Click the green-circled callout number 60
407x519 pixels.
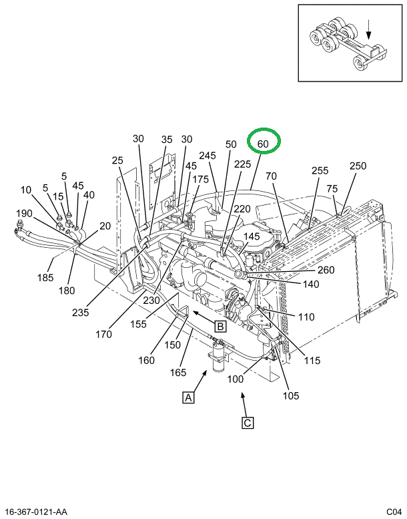click(263, 144)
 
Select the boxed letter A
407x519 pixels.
click(189, 398)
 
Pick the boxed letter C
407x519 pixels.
click(247, 423)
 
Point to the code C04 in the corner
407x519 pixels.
click(393, 512)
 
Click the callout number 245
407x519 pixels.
click(208, 156)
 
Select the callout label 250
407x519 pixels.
click(358, 166)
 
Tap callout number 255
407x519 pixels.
click(320, 170)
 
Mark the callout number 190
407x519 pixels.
click(24, 213)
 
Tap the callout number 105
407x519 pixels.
click(291, 393)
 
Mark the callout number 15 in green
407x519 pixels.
click(59, 196)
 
